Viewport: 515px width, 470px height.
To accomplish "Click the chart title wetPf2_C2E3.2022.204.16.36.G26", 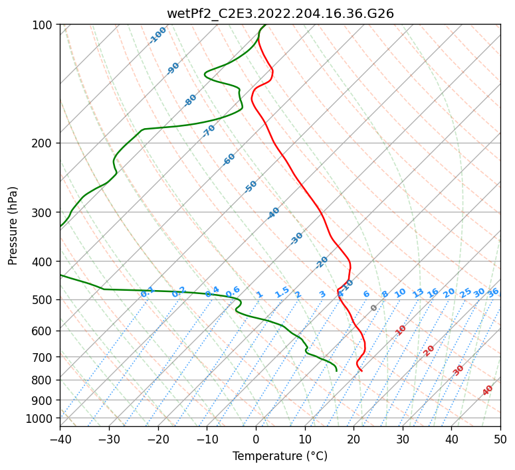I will pyautogui.click(x=280, y=13).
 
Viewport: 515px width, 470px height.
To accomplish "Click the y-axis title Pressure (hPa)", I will pyautogui.click(x=13, y=226).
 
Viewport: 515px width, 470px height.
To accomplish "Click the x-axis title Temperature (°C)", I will pyautogui.click(x=280, y=457).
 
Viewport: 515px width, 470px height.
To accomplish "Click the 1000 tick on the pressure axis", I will pyautogui.click(x=41, y=418).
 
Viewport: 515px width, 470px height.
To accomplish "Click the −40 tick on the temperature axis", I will pyautogui.click(x=60, y=439).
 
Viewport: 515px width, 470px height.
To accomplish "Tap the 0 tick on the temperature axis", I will pyautogui.click(x=256, y=439).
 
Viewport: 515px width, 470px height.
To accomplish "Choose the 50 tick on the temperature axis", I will pyautogui.click(x=500, y=439).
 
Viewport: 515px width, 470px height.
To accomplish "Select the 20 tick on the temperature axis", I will pyautogui.click(x=354, y=439).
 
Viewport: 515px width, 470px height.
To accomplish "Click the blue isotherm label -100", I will pyautogui.click(x=158, y=35).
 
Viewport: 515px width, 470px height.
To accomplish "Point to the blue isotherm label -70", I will pyautogui.click(x=209, y=130).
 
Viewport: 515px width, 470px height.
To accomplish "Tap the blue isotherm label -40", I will pyautogui.click(x=273, y=213).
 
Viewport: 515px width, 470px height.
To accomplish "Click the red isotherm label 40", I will pyautogui.click(x=488, y=390).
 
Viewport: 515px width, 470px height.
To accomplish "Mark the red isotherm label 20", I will pyautogui.click(x=429, y=350).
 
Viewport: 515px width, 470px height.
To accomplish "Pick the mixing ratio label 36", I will pyautogui.click(x=493, y=292).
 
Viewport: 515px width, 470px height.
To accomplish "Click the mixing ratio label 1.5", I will pyautogui.click(x=282, y=291).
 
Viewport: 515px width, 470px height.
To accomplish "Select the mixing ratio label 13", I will pyautogui.click(x=418, y=293).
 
